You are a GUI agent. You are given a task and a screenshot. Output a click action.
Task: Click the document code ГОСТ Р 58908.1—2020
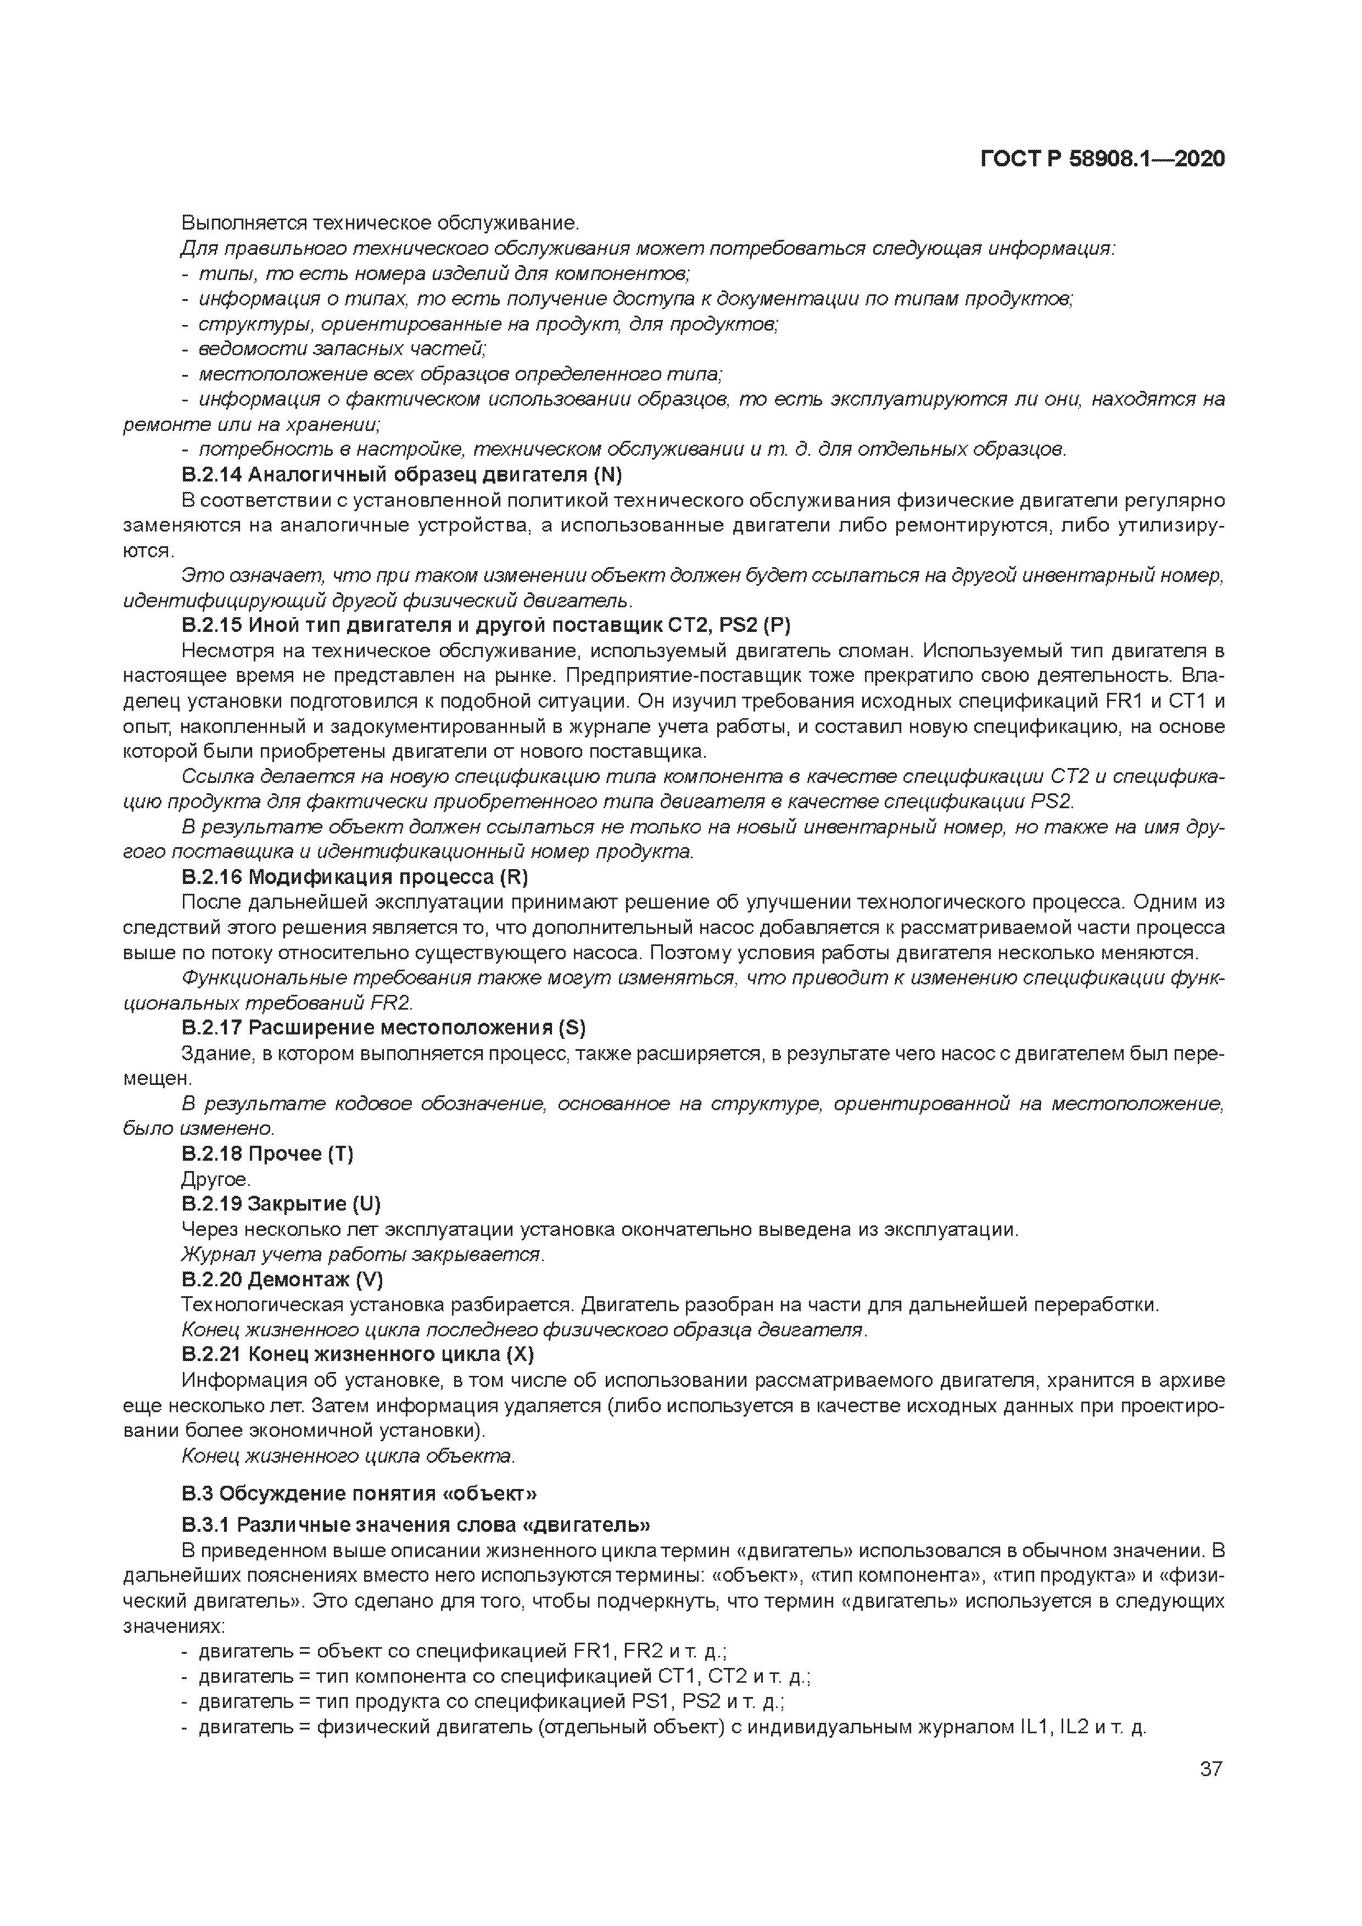[1102, 159]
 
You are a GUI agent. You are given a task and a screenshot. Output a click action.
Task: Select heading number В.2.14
[211, 475]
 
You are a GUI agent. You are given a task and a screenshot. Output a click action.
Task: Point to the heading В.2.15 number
[211, 626]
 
